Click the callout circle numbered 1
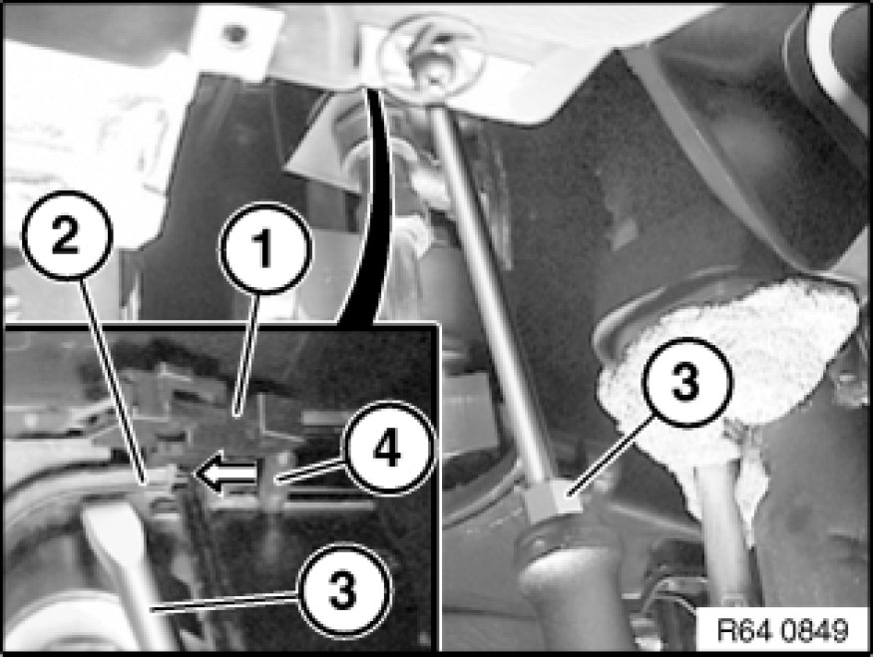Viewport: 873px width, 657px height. pos(264,248)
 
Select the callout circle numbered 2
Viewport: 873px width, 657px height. pos(68,235)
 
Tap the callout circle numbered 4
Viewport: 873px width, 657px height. pos(389,449)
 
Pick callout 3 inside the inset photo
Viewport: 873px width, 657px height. pos(343,591)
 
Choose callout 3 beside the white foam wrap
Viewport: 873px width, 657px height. pos(686,383)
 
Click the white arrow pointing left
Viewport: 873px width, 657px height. pos(227,474)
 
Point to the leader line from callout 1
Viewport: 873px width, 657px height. pos(246,354)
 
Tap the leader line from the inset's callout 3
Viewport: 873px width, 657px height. pos(224,602)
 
